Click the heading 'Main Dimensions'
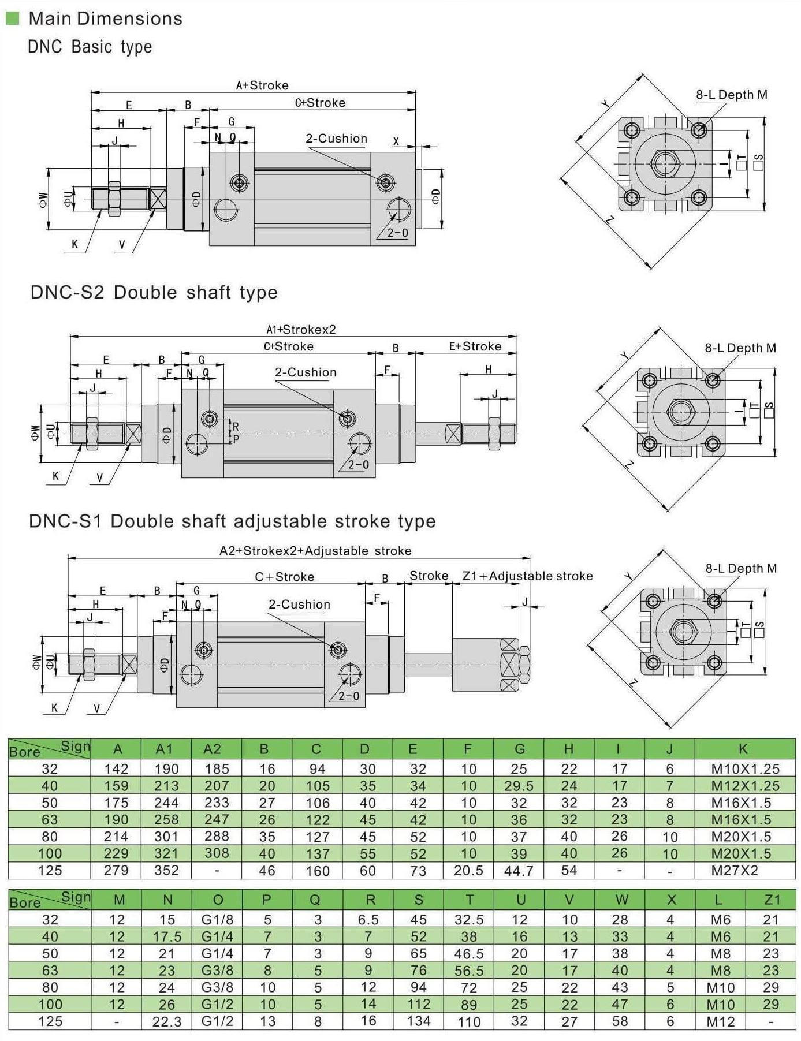click(105, 18)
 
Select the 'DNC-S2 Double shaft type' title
click(154, 292)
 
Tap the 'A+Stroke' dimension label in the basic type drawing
click(262, 85)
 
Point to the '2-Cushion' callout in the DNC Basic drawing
click(336, 139)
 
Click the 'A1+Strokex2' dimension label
click(301, 330)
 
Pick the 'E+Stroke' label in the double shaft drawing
click(475, 346)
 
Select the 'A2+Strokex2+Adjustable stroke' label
click(315, 551)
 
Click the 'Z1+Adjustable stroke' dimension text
click(527, 576)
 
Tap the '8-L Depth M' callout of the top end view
click(731, 95)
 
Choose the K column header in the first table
click(743, 749)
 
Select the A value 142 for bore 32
click(116, 768)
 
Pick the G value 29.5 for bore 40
click(519, 786)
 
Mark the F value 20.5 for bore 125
click(468, 870)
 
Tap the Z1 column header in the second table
click(772, 900)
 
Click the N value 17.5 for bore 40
click(167, 936)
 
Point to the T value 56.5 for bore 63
click(469, 971)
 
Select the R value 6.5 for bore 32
click(368, 920)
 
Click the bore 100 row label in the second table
click(50, 1004)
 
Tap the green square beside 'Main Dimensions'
click(12, 18)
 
